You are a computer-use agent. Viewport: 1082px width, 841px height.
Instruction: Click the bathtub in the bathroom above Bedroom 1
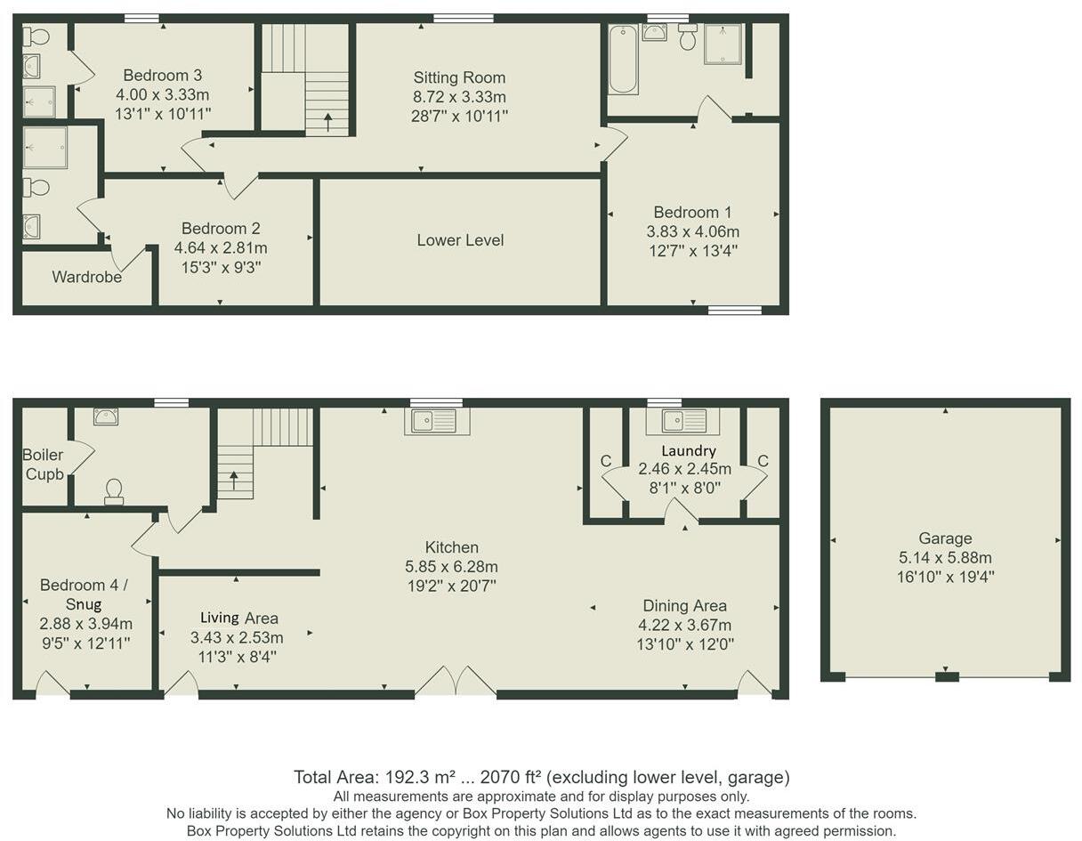click(623, 60)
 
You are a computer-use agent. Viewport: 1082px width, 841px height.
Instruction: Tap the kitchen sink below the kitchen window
click(436, 421)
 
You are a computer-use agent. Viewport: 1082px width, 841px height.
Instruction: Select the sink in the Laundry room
click(682, 421)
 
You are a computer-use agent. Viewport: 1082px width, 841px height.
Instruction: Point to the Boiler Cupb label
click(44, 465)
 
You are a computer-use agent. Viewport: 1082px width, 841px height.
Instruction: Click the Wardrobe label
click(86, 277)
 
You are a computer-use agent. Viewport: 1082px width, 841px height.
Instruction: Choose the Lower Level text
click(460, 240)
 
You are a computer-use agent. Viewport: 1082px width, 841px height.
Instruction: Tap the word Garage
click(945, 538)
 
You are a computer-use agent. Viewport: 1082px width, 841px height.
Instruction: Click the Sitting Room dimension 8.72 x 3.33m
click(459, 97)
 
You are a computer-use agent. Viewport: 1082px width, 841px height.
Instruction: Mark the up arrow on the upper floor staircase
click(327, 121)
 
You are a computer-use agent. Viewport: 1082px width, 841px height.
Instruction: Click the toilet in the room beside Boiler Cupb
click(114, 490)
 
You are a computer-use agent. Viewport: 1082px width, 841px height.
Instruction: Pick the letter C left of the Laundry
click(606, 461)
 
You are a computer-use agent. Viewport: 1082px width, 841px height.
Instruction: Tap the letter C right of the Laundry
click(763, 461)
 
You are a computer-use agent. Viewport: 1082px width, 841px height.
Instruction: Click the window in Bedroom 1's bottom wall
click(735, 310)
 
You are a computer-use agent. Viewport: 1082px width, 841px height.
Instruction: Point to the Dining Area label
click(684, 606)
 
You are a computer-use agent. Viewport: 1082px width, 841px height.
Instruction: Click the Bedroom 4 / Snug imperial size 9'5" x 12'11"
click(85, 643)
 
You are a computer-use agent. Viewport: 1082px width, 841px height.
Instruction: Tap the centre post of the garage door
click(947, 677)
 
